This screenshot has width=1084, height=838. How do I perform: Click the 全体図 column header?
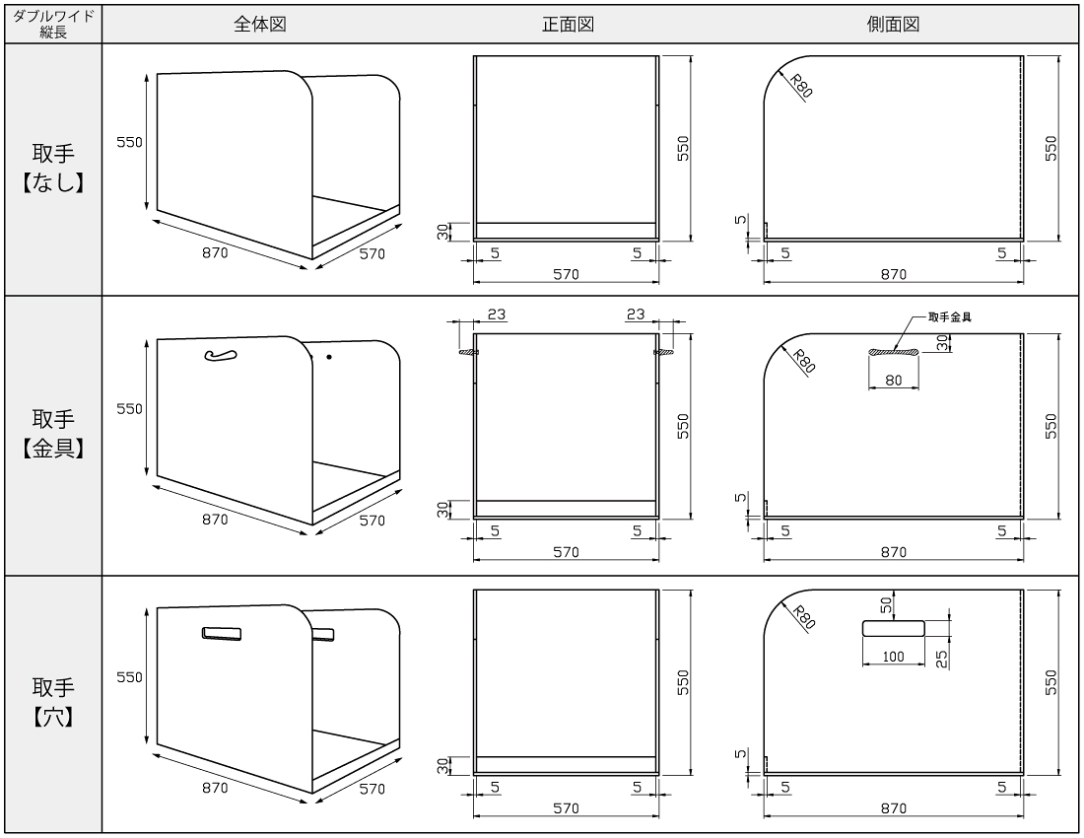pyautogui.click(x=260, y=25)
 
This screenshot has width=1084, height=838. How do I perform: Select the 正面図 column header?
pyautogui.click(x=568, y=25)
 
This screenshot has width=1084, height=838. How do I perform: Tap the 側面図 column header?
pyautogui.click(x=893, y=25)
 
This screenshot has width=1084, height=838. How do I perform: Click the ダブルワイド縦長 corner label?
pyautogui.click(x=53, y=25)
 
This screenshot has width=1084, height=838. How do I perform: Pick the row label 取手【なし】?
pyautogui.click(x=53, y=168)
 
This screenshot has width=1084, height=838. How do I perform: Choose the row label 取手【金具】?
pyautogui.click(x=53, y=434)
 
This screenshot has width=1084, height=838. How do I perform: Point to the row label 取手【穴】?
pyautogui.click(x=53, y=702)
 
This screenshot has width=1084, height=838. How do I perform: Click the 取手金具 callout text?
pyautogui.click(x=950, y=317)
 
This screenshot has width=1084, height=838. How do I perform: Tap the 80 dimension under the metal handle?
pyautogui.click(x=894, y=381)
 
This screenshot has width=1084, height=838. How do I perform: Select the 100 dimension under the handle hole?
pyautogui.click(x=893, y=657)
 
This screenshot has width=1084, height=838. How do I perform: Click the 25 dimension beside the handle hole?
pyautogui.click(x=941, y=659)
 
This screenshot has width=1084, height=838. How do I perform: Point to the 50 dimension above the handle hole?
pyautogui.click(x=886, y=605)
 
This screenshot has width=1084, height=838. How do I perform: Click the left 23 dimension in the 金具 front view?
pyautogui.click(x=497, y=314)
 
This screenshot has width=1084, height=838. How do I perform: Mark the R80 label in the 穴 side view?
pyautogui.click(x=803, y=617)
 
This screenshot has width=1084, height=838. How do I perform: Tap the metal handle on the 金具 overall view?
pyautogui.click(x=221, y=355)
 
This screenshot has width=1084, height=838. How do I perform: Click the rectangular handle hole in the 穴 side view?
pyautogui.click(x=893, y=628)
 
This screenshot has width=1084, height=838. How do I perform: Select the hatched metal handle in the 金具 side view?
pyautogui.click(x=894, y=353)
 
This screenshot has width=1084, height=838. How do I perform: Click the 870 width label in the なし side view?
pyautogui.click(x=893, y=274)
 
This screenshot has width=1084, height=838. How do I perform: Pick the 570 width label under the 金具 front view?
pyautogui.click(x=566, y=552)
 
